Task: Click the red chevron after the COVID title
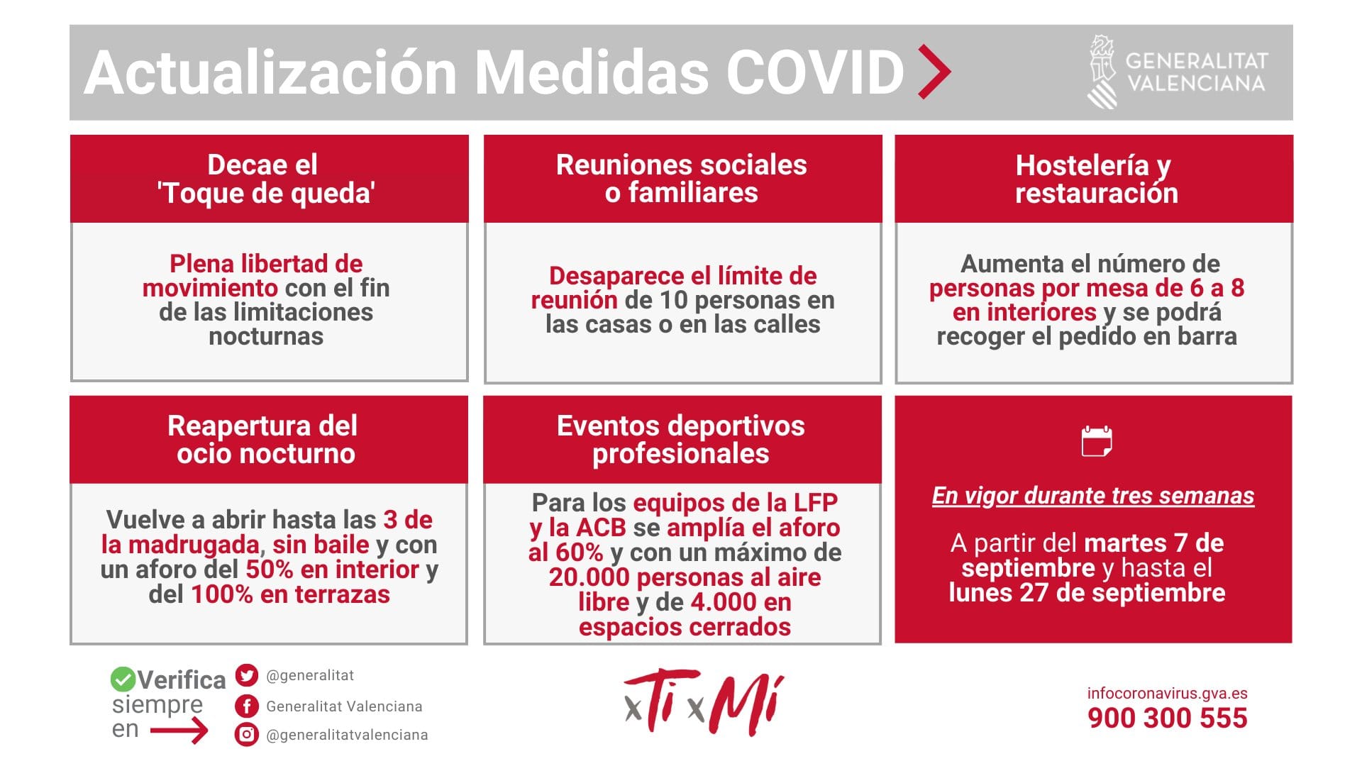934,72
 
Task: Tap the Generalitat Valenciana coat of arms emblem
1103,72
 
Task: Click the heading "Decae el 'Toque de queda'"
266,179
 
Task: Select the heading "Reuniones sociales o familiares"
682,179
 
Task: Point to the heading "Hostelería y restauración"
1096,179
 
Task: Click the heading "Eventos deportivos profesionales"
681,439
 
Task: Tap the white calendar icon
1097,441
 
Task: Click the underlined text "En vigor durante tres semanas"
1093,496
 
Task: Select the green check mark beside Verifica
123,679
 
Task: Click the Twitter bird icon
246,675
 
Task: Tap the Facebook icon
246,706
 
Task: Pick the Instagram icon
246,734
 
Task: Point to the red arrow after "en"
179,730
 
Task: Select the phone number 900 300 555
1167,718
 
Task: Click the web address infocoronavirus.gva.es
1167,693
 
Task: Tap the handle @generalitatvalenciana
347,735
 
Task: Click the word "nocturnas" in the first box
266,336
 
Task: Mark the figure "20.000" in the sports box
589,577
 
